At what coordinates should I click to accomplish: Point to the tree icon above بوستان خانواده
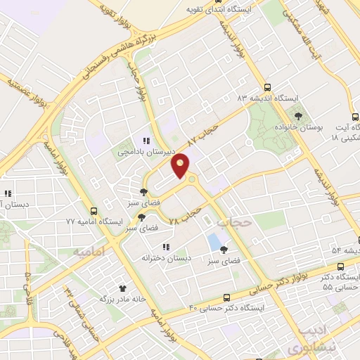coord(299,115)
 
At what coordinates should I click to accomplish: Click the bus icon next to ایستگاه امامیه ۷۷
coord(94,211)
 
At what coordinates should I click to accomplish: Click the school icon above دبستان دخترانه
coord(166,247)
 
